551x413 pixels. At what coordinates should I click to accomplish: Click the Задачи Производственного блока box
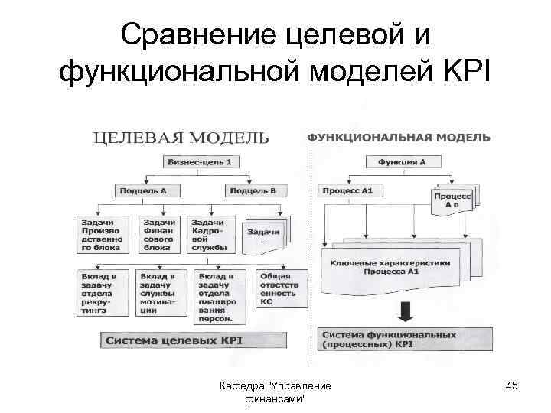click(100, 234)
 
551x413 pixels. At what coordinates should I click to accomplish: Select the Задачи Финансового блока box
click(158, 234)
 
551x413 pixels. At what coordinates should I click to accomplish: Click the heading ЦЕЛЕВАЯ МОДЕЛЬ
click(181, 138)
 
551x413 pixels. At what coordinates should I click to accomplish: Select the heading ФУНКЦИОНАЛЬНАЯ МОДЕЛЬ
click(399, 137)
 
